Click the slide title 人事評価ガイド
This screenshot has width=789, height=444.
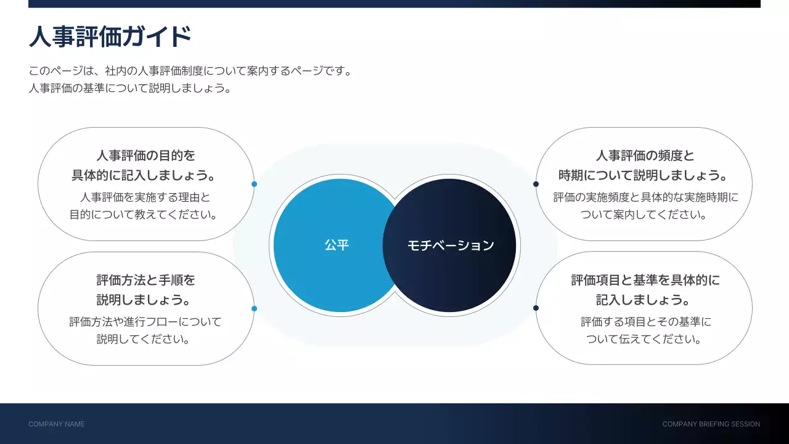(110, 37)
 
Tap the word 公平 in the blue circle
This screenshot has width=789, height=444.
(337, 245)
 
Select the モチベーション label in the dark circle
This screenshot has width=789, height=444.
(451, 245)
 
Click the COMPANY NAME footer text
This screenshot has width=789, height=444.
(56, 424)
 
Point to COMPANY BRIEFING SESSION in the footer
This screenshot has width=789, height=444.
(711, 424)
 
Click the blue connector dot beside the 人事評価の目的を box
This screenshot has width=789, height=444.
(254, 184)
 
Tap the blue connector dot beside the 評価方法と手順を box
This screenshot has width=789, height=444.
(254, 308)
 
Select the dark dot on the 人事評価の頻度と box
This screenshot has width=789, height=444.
(536, 184)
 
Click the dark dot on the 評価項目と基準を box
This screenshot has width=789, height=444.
(536, 308)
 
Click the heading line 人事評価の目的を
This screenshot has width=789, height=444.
(145, 155)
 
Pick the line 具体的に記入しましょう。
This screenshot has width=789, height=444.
(145, 175)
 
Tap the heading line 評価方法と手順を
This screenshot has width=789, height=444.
(145, 280)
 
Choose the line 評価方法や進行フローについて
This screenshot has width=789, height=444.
(145, 322)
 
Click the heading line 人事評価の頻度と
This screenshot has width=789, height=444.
(645, 155)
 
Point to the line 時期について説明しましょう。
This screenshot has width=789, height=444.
(645, 175)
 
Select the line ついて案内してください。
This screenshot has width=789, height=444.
(645, 215)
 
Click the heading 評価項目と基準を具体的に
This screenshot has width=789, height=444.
(645, 280)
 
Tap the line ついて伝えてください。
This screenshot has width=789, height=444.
(645, 339)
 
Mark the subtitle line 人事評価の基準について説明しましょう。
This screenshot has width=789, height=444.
(130, 88)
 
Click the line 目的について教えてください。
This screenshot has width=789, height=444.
(145, 215)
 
